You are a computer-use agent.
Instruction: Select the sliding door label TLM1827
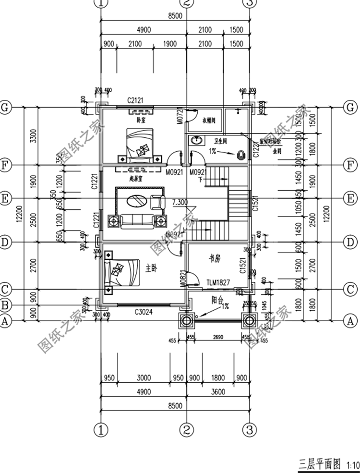[x=218, y=283]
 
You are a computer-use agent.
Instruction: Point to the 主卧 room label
[x=151, y=269]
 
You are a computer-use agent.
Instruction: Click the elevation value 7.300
[x=179, y=202]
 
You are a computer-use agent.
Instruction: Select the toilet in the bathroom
[x=240, y=155]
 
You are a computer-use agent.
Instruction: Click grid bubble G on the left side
[x=5, y=107]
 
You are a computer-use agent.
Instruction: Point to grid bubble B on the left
[x=5, y=304]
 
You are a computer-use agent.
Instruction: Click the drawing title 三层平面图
[x=320, y=464]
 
